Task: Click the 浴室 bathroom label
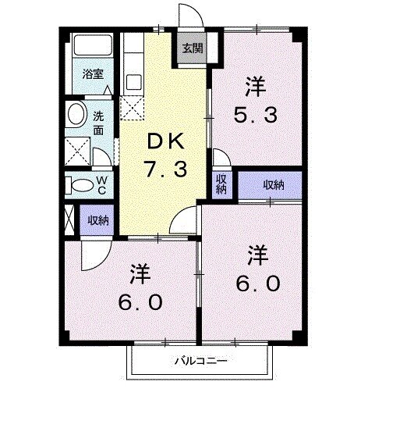coord(94,76)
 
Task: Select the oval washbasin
coord(76,114)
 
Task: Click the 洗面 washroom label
coord(99,123)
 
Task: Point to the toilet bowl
coord(80,185)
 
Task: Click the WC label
coord(101,184)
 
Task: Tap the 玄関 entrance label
coord(192,48)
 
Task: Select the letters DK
coord(165,141)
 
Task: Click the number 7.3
coord(165,168)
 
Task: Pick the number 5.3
coord(254,115)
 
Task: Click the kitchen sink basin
coord(131,80)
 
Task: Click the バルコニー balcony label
coord(200,362)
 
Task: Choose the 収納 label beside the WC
coord(97,219)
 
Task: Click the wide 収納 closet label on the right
coord(272,184)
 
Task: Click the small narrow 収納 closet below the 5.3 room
coord(221,184)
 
